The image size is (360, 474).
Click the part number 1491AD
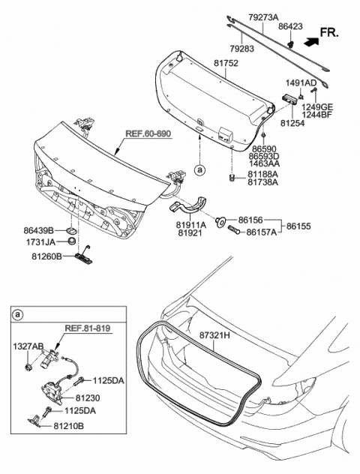[300, 82]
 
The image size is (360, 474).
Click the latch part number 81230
[99, 399]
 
